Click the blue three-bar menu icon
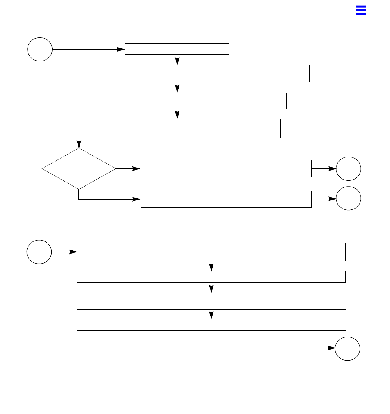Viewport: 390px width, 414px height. click(360, 11)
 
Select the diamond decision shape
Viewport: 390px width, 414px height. click(79, 168)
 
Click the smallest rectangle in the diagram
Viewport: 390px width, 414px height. click(177, 49)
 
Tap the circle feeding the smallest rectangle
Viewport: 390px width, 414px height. click(40, 49)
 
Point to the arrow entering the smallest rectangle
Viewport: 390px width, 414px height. click(89, 49)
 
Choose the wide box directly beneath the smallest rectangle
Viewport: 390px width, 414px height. click(177, 73)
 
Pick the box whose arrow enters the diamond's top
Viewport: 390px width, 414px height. click(173, 128)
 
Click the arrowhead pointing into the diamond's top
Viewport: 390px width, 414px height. click(79, 144)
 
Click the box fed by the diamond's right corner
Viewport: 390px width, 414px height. click(225, 168)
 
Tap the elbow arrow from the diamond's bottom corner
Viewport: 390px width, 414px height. click(107, 200)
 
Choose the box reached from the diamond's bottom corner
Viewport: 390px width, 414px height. click(226, 199)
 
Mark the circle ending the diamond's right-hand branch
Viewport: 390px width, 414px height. click(349, 168)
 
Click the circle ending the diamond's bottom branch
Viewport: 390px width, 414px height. click(349, 199)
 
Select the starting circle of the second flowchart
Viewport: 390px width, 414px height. click(39, 252)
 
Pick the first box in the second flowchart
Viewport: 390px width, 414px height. click(211, 252)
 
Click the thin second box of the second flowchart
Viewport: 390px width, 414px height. click(211, 277)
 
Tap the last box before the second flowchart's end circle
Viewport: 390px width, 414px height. click(211, 325)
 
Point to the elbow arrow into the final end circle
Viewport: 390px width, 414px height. click(271, 348)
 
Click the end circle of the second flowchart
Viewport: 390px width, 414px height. click(347, 349)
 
